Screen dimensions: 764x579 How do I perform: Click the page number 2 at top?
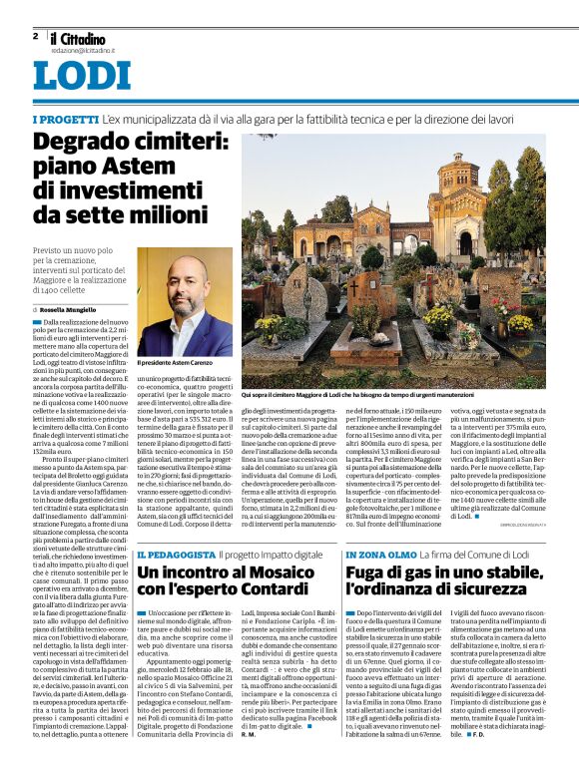(35, 35)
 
